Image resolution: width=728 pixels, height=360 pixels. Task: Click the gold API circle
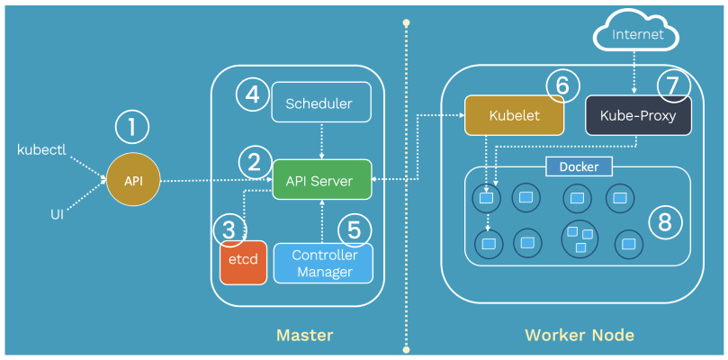pos(132,181)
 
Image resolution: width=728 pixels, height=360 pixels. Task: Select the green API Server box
pos(322,180)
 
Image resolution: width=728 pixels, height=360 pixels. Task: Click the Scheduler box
pos(322,103)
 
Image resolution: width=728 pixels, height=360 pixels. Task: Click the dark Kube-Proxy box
pos(637,116)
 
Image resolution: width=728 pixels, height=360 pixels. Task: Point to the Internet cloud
pos(637,35)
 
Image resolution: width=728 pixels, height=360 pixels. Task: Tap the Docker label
pos(579,166)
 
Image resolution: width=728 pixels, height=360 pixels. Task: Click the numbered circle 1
pos(132,128)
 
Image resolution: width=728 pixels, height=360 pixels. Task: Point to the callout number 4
pos(253,93)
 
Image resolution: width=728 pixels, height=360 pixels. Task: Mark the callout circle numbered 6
pos(563,85)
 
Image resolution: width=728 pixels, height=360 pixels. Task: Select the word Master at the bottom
pos(304,336)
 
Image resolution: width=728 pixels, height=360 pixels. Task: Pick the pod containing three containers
pos(580,238)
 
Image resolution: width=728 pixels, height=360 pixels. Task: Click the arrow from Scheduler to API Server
pos(322,139)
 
